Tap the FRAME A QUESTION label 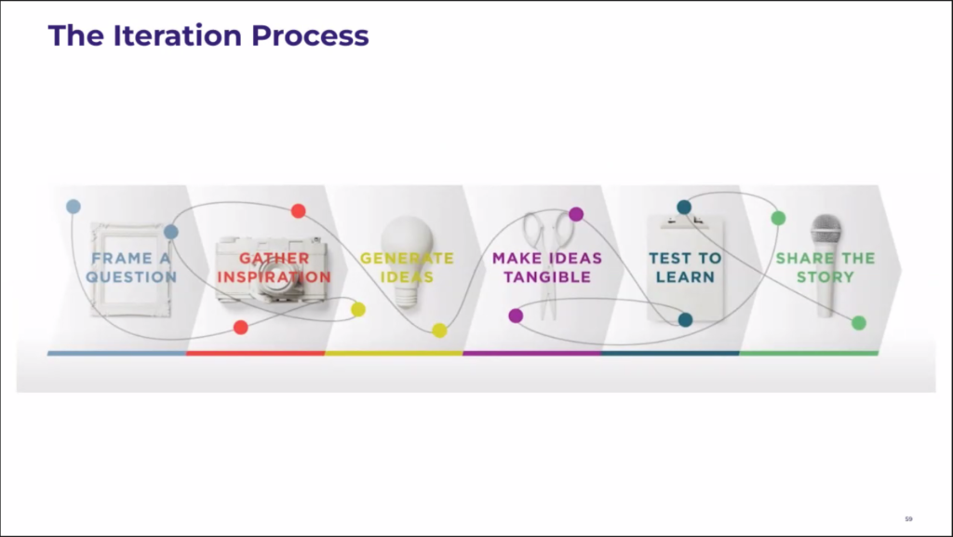[x=131, y=267]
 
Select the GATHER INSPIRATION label [x=275, y=267]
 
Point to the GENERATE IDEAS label [x=407, y=267]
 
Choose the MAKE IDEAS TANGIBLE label [x=547, y=267]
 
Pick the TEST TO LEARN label [x=685, y=267]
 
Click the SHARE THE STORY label [x=825, y=267]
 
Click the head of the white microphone [x=825, y=231]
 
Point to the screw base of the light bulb [x=406, y=297]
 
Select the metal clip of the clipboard [x=685, y=220]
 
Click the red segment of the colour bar [x=255, y=353]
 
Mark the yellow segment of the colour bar [x=394, y=353]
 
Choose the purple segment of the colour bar [x=531, y=353]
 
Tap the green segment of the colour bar [x=809, y=353]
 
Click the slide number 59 [x=908, y=518]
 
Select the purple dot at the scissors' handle [x=576, y=214]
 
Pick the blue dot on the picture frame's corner [x=171, y=232]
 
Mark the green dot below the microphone [x=859, y=323]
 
